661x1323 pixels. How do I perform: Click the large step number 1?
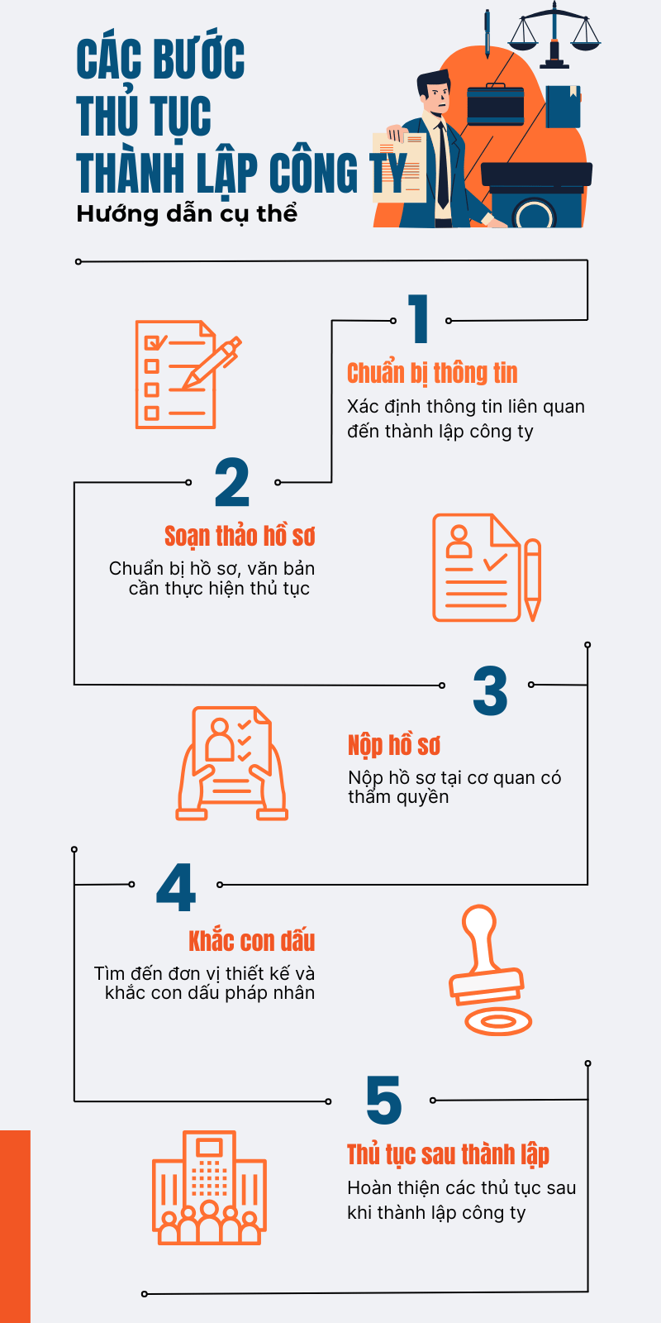pyautogui.click(x=418, y=318)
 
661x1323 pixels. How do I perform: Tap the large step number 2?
pyautogui.click(x=232, y=482)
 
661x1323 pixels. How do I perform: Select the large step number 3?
pyautogui.click(x=490, y=690)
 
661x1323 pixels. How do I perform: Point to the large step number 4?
pyautogui.click(x=176, y=887)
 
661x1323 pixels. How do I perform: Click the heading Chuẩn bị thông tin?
pyautogui.click(x=432, y=373)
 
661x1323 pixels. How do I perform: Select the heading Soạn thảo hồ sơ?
pyautogui.click(x=240, y=537)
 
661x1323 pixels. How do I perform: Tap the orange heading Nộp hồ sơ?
pyautogui.click(x=393, y=745)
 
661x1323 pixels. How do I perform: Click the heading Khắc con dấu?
pyautogui.click(x=251, y=941)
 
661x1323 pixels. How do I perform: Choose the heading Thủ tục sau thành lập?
pyautogui.click(x=448, y=1154)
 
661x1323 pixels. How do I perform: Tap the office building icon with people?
pyautogui.click(x=210, y=1187)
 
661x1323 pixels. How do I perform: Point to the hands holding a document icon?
pyautogui.click(x=232, y=763)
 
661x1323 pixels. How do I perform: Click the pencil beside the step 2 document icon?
pyautogui.click(x=532, y=580)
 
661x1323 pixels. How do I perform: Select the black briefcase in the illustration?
pyautogui.click(x=496, y=104)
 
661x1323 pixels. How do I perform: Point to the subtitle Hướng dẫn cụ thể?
pyautogui.click(x=187, y=214)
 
